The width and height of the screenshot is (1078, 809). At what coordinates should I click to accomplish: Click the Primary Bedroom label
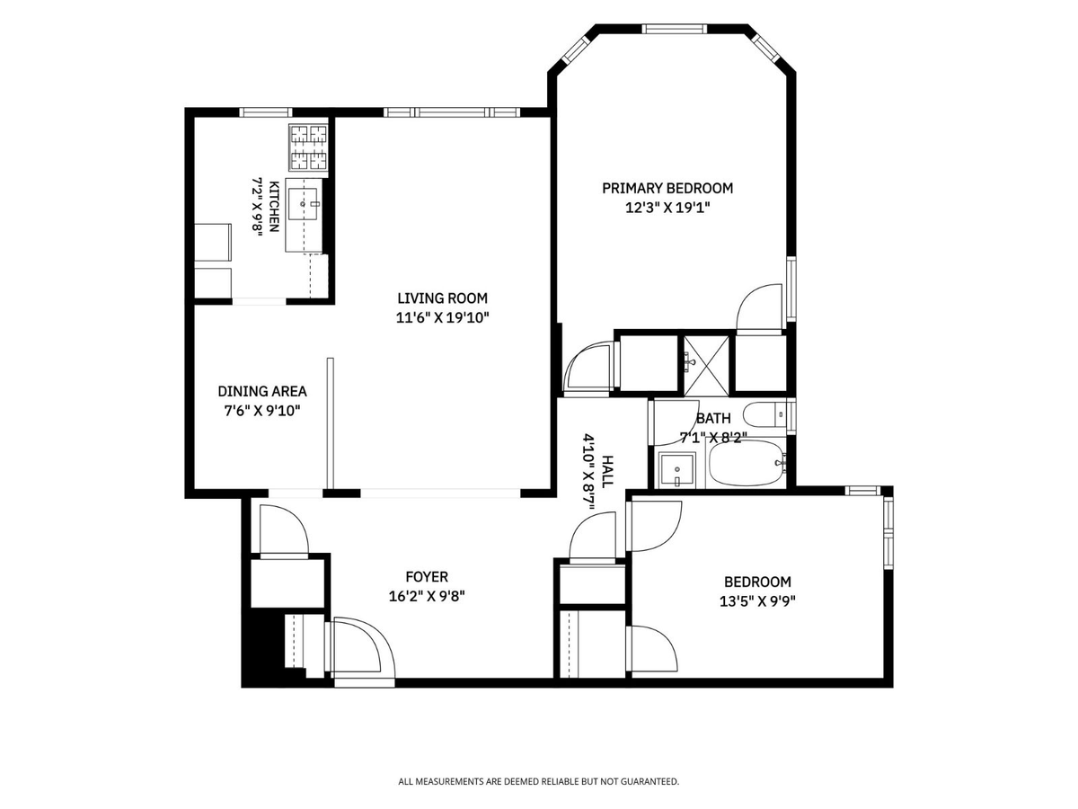[667, 188]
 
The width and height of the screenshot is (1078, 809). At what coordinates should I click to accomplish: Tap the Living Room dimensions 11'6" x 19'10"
[443, 318]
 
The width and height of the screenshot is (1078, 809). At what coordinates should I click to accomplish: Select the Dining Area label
[262, 392]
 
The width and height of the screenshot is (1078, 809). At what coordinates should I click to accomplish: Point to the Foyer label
[427, 577]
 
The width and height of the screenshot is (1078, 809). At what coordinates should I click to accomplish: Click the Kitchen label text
[275, 207]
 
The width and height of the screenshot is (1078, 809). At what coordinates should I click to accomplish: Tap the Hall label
[607, 472]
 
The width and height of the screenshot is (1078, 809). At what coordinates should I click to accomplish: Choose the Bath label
[713, 419]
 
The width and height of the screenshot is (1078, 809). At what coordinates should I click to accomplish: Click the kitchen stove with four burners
[308, 147]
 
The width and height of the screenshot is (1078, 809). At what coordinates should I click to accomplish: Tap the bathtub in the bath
[746, 463]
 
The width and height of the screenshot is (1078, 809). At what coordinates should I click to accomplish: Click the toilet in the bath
[765, 415]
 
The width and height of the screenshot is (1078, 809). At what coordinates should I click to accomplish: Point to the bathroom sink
[676, 469]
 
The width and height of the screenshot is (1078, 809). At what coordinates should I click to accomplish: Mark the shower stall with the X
[706, 366]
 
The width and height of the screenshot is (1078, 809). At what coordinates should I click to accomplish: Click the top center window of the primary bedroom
[675, 29]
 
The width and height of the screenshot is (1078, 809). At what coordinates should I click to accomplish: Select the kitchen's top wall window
[266, 112]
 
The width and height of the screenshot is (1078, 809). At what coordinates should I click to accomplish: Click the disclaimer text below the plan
[538, 781]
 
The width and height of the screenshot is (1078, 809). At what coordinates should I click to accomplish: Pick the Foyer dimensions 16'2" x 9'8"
[427, 596]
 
